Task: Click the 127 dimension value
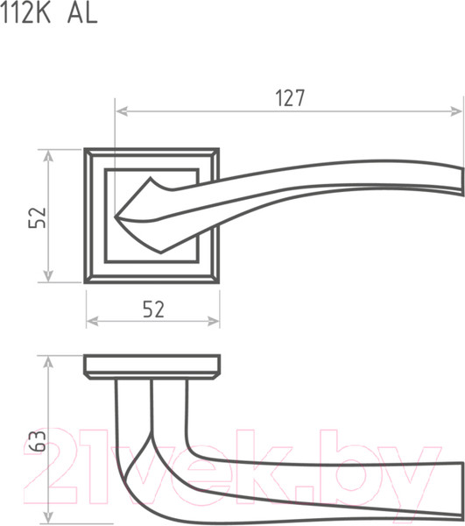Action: tap(290, 98)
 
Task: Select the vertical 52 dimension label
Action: tap(37, 217)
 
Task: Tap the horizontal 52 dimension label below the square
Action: tap(154, 309)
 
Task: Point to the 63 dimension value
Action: tap(37, 441)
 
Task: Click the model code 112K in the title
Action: tap(25, 13)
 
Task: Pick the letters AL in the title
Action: tap(82, 14)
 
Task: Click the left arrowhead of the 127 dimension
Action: tap(121, 111)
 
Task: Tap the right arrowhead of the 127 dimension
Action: tap(457, 111)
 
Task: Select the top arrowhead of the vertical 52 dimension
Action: tap(48, 156)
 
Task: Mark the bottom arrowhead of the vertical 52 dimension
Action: tap(48, 275)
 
